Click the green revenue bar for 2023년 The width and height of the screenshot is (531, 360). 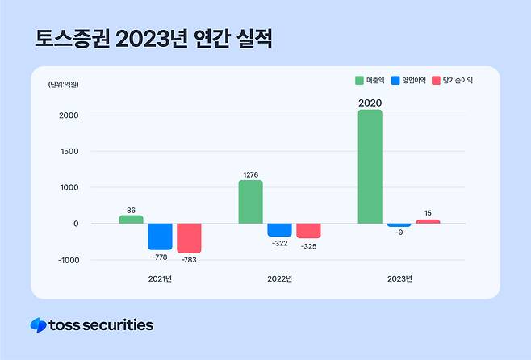(370, 167)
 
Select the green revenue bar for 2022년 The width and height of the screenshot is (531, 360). (250, 202)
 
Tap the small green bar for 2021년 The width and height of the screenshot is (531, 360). (131, 220)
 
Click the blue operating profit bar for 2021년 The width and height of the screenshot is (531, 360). (160, 237)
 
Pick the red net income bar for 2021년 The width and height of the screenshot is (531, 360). (189, 238)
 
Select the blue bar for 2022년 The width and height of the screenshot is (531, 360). (279, 230)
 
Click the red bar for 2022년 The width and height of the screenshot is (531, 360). (308, 231)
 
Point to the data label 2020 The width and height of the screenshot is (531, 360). (370, 103)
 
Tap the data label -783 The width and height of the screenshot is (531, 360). (189, 259)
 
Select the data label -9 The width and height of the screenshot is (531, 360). (399, 233)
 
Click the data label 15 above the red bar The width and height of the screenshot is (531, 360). (428, 213)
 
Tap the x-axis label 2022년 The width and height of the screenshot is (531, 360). (279, 279)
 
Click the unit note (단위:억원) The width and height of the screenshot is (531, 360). (63, 84)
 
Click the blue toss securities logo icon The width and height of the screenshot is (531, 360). (38, 325)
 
